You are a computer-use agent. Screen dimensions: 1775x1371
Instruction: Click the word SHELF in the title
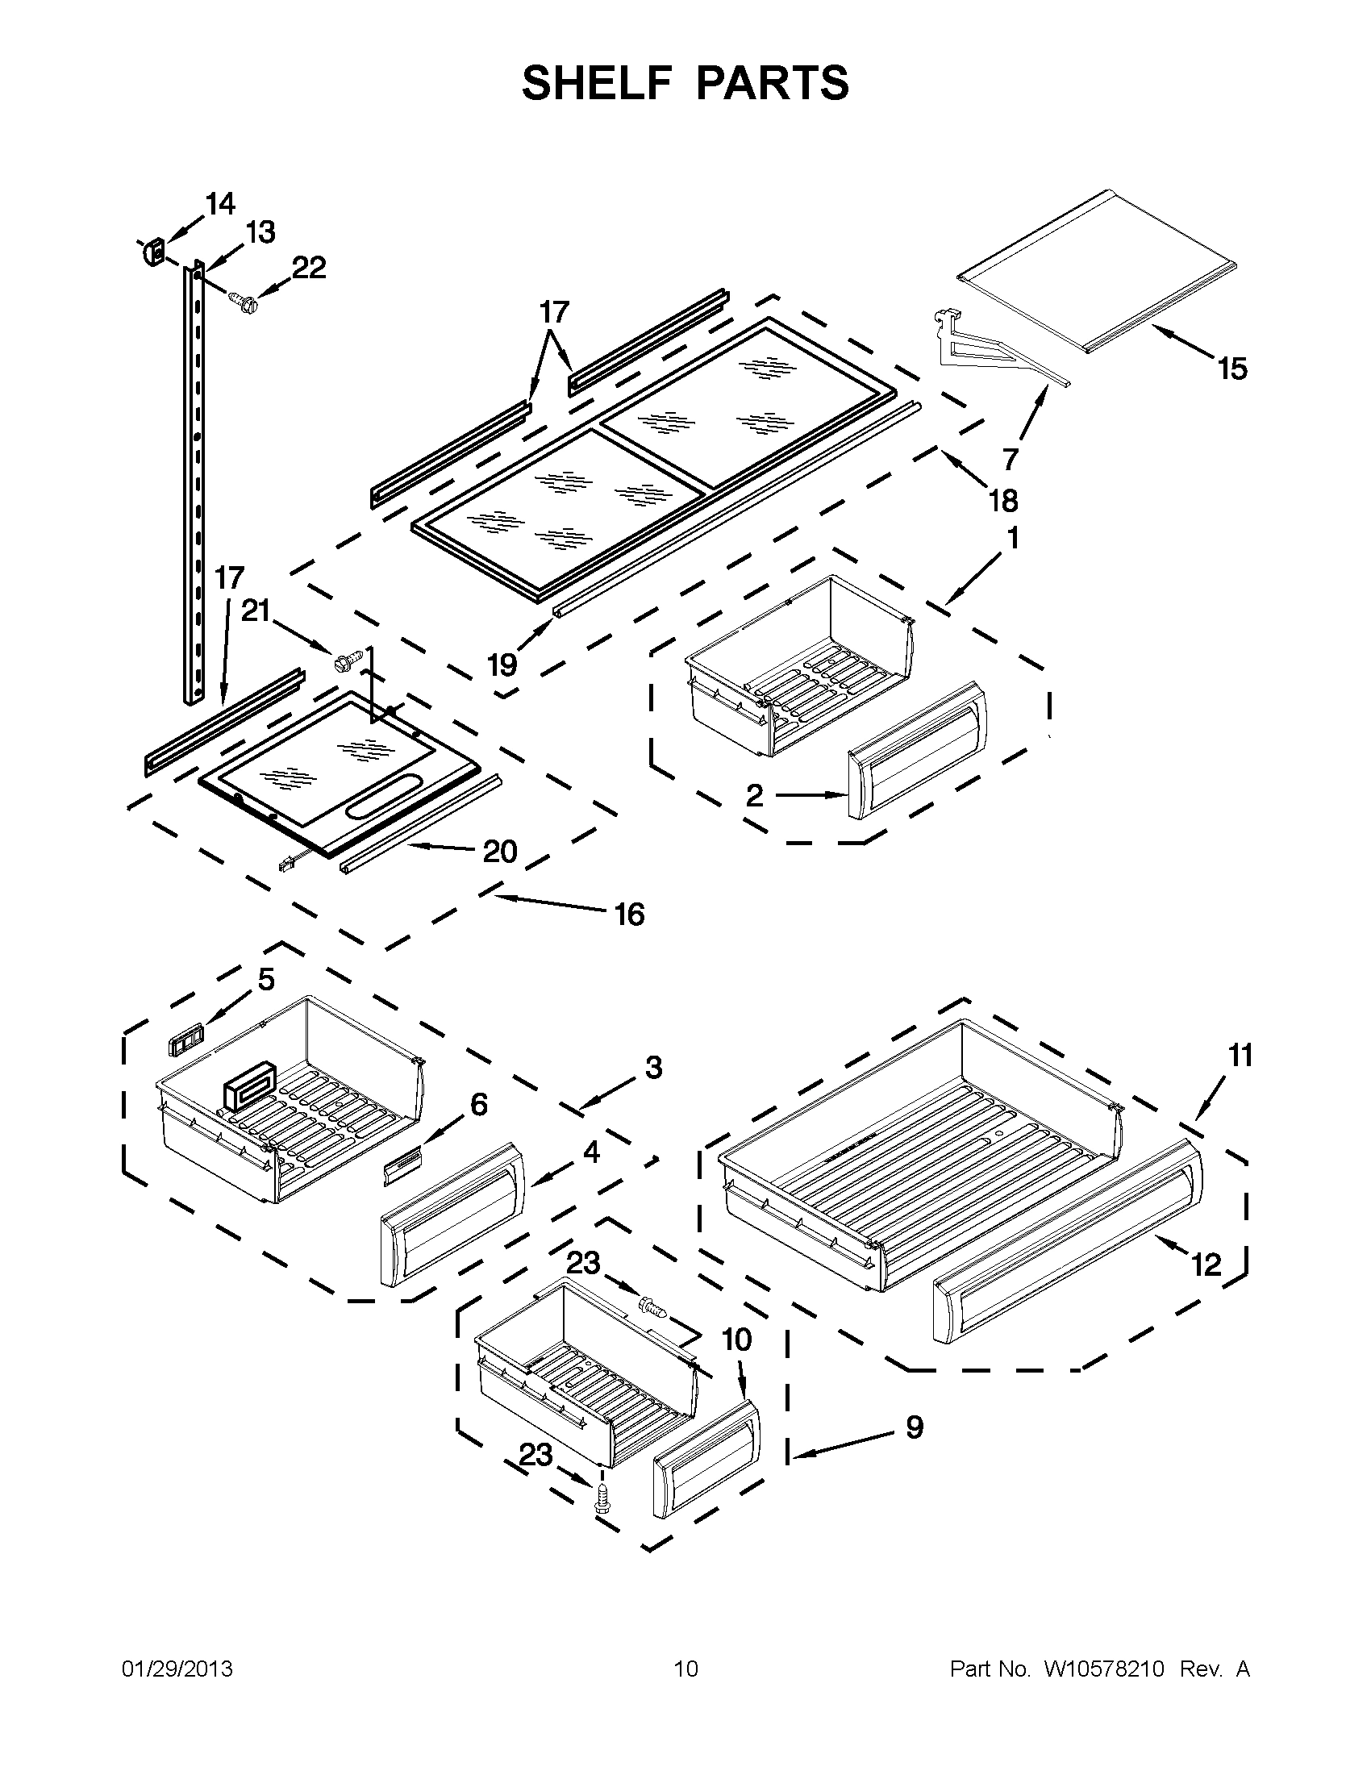(595, 83)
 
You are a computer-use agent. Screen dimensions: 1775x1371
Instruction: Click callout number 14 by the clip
(219, 203)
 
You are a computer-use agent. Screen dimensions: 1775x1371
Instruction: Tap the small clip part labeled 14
(152, 252)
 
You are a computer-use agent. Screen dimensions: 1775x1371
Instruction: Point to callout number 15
(1232, 369)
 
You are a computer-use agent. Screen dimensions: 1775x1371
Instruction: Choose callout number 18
(1004, 502)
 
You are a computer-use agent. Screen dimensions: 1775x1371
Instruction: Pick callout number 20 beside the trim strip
(500, 852)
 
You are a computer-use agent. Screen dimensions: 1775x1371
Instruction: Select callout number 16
(629, 915)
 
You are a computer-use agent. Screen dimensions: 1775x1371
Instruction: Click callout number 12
(1206, 1265)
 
